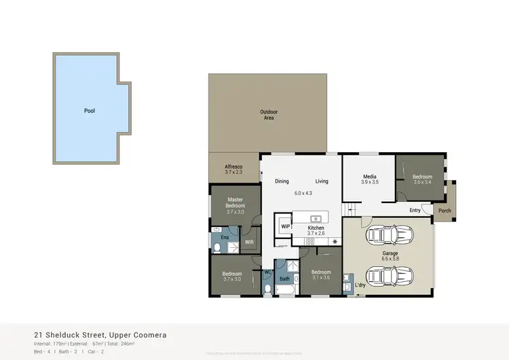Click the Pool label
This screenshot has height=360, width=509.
pos(90,110)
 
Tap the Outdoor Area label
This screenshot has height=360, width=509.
pos(269,115)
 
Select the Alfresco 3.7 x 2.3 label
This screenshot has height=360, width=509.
pos(233,170)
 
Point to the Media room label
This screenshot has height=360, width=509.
pos(369,179)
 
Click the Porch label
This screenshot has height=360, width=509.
pos(445,210)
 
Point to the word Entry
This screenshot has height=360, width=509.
pos(415,210)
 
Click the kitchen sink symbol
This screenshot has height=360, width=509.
pos(316,218)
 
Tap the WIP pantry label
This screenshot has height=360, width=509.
pos(285,226)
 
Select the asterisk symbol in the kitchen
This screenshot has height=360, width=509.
pos(335,242)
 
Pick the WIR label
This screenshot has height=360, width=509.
pos(248,241)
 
